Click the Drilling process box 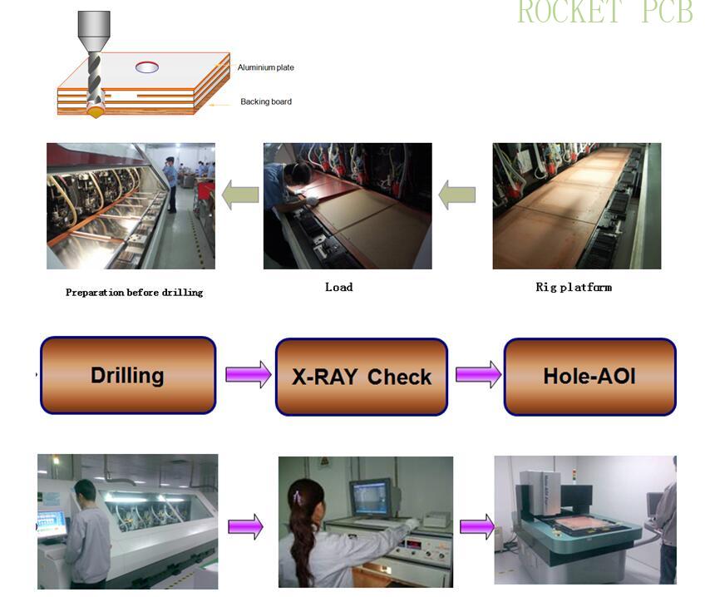(x=127, y=375)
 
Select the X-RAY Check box (x=361, y=377)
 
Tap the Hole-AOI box (x=589, y=376)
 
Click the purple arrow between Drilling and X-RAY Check (x=248, y=375)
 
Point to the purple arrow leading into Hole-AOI (x=477, y=375)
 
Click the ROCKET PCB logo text (x=604, y=12)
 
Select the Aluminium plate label (x=265, y=67)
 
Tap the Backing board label (x=265, y=101)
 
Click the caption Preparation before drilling (x=134, y=293)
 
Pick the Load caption (x=338, y=287)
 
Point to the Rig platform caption (x=573, y=287)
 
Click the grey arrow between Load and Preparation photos (x=239, y=196)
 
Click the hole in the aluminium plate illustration (x=147, y=67)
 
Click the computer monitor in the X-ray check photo (x=370, y=497)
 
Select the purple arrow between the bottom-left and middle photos (x=245, y=526)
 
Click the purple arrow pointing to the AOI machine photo (x=476, y=526)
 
